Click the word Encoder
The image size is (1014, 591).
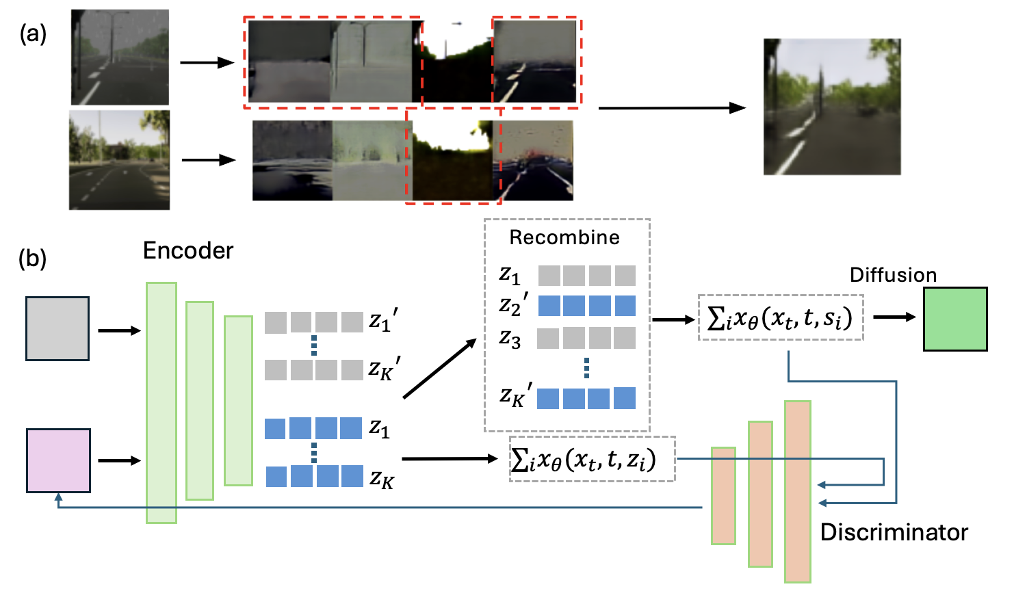(188, 251)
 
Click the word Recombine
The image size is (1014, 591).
(564, 237)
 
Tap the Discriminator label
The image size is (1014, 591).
(894, 532)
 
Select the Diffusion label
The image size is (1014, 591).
(893, 275)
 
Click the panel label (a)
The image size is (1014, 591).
(33, 34)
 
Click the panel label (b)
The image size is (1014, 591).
(33, 259)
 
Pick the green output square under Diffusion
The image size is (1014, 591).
(954, 319)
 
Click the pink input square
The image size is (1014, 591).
(58, 460)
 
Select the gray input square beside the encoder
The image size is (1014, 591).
(57, 328)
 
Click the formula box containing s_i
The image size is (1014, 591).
(781, 317)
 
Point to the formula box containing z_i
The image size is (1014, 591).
(592, 459)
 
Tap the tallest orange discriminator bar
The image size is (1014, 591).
(797, 491)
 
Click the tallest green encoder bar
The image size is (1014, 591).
(161, 402)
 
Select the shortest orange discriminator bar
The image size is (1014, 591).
(723, 495)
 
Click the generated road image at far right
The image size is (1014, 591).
(831, 107)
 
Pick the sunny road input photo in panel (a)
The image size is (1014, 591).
(119, 160)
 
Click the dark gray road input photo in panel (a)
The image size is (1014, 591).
(120, 57)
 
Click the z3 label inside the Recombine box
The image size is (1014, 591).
(510, 338)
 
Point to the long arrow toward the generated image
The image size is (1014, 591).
(671, 108)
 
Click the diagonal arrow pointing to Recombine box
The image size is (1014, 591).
(439, 369)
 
